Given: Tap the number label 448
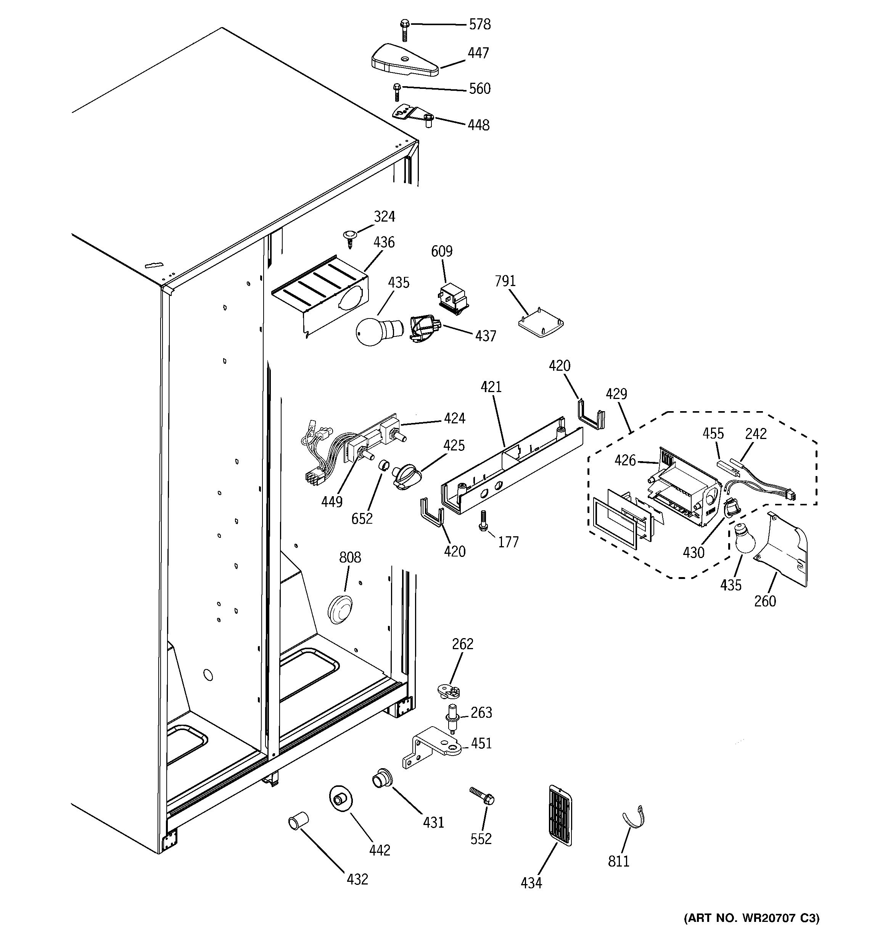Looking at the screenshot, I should tap(478, 125).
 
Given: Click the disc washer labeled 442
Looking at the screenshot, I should tap(341, 800).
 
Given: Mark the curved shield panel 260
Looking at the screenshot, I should tap(779, 551).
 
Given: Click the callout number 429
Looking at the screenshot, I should tap(616, 394).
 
